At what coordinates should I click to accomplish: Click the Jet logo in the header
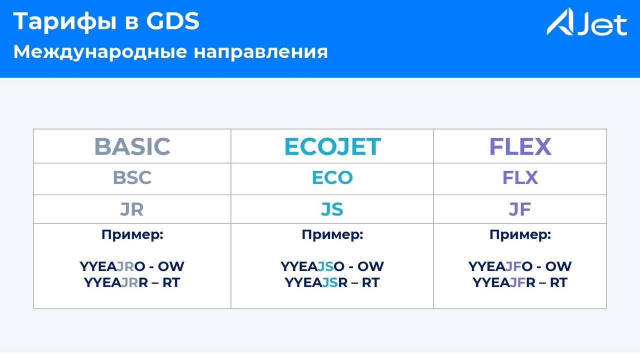click(x=587, y=22)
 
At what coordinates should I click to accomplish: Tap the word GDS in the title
click(x=172, y=21)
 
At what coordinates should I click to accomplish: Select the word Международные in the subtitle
click(x=100, y=52)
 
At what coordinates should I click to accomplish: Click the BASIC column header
click(x=132, y=146)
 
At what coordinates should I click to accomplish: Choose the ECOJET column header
click(x=332, y=146)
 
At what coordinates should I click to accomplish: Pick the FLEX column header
click(x=520, y=146)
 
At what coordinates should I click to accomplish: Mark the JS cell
click(x=332, y=209)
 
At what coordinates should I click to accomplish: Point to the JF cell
click(x=520, y=209)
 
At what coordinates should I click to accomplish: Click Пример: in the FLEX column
click(x=520, y=235)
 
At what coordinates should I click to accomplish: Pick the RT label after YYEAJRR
click(x=171, y=282)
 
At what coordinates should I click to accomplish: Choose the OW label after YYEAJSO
click(x=371, y=266)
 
